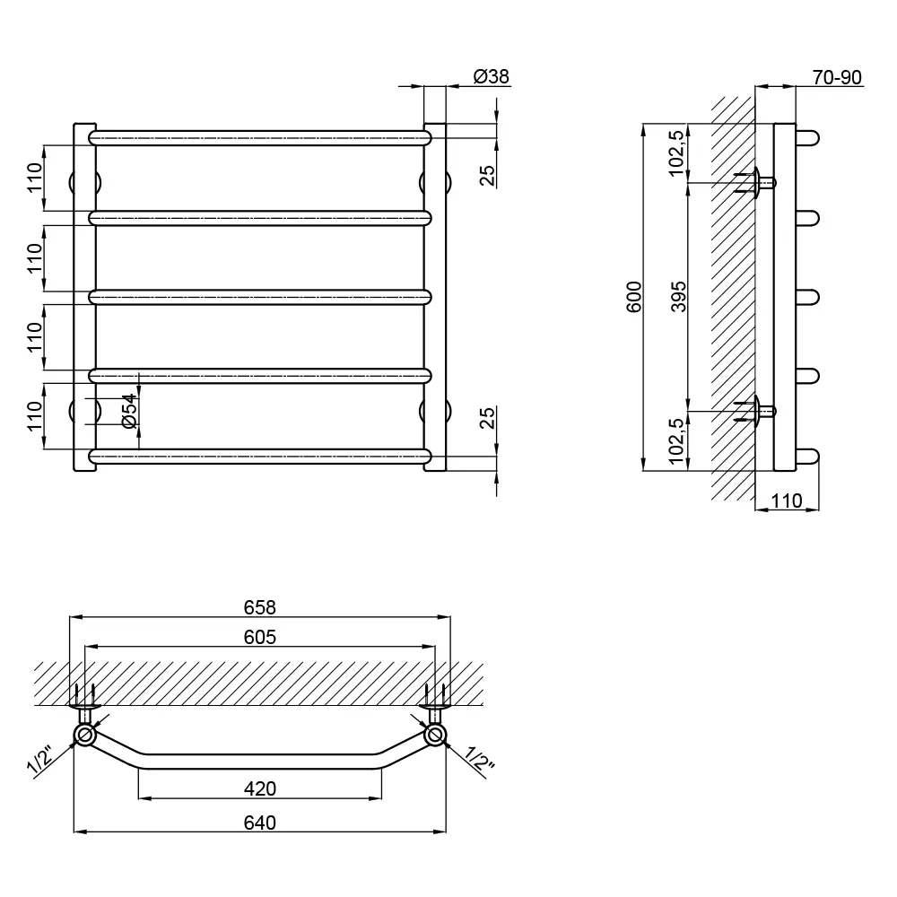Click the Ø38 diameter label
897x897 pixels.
point(492,76)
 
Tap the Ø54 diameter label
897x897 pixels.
point(130,411)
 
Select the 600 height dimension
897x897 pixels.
point(634,297)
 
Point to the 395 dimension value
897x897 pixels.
point(678,296)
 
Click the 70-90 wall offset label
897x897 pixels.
point(837,77)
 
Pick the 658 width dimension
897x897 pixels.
point(260,607)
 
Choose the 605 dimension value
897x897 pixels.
point(260,637)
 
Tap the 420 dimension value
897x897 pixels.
point(260,788)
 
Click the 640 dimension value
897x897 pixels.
point(260,823)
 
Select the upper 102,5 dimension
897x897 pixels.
point(676,152)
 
